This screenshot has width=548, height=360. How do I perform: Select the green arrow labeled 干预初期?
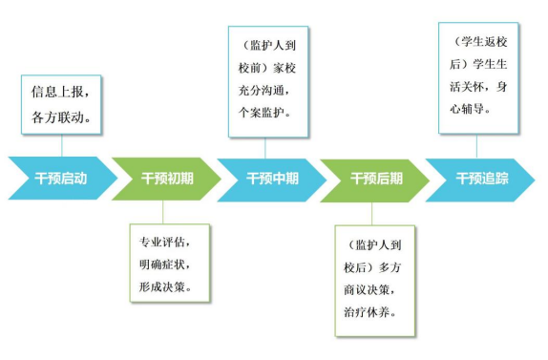[x=166, y=179]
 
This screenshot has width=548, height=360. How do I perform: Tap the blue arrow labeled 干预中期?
[x=272, y=179]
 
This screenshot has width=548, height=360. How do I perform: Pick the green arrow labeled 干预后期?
[x=376, y=179]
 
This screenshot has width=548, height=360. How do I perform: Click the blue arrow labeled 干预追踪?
[x=481, y=179]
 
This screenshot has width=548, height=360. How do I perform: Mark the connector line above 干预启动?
[x=61, y=145]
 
